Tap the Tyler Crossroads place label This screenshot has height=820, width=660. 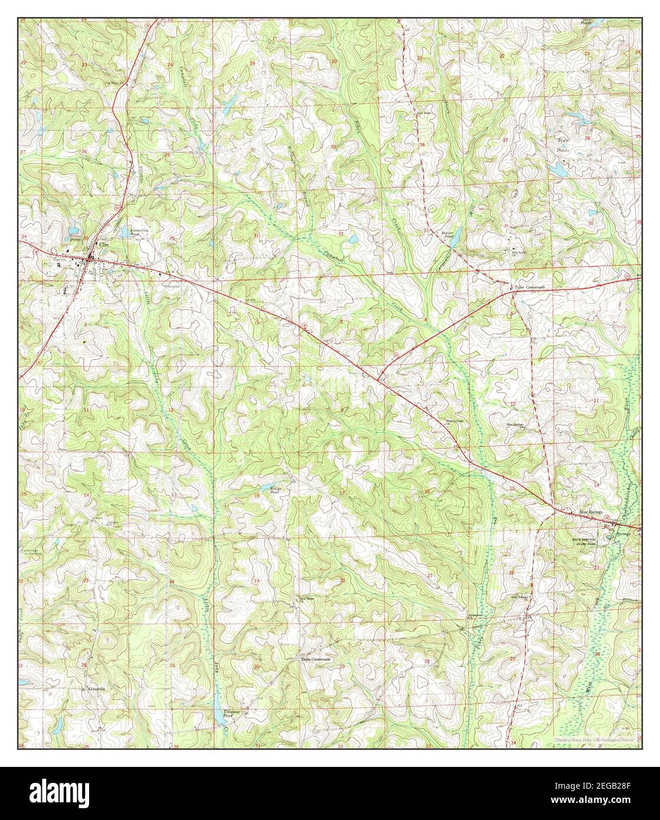coord(530,287)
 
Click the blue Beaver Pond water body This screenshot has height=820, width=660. coord(455,238)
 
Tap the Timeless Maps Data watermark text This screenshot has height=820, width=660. coord(594,740)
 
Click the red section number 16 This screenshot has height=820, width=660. coord(427,491)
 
